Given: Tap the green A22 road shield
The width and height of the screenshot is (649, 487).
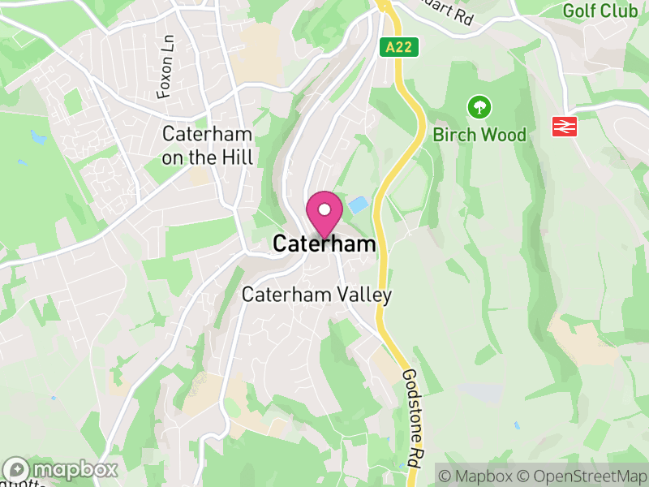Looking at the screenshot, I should point(399,47).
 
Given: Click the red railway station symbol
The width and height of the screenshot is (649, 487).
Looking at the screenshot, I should point(565,127).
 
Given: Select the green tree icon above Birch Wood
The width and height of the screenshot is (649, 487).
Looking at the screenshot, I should point(479,106).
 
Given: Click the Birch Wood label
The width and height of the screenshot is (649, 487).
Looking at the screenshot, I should point(479,134).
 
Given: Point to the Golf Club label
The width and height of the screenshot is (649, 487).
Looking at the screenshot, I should point(600,11).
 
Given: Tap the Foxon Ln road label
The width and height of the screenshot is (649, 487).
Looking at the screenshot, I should point(166,76).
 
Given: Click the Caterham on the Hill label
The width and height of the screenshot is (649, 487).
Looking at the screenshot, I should point(208,146).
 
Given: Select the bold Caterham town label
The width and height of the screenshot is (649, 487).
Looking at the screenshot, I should point(324,243).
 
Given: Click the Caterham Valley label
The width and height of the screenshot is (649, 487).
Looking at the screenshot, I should point(317,295).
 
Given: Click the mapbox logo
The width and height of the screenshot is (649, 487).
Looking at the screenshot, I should point(61,469).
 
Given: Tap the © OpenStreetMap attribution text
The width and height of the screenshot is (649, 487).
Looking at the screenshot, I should point(582,474).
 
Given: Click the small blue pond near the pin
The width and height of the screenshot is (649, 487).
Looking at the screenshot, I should point(357,205).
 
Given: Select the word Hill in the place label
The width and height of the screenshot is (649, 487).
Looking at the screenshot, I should point(235,157).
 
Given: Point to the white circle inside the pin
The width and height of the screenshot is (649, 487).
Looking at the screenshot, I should point(324,209).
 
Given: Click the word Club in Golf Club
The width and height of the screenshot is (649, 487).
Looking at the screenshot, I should point(620,11).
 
